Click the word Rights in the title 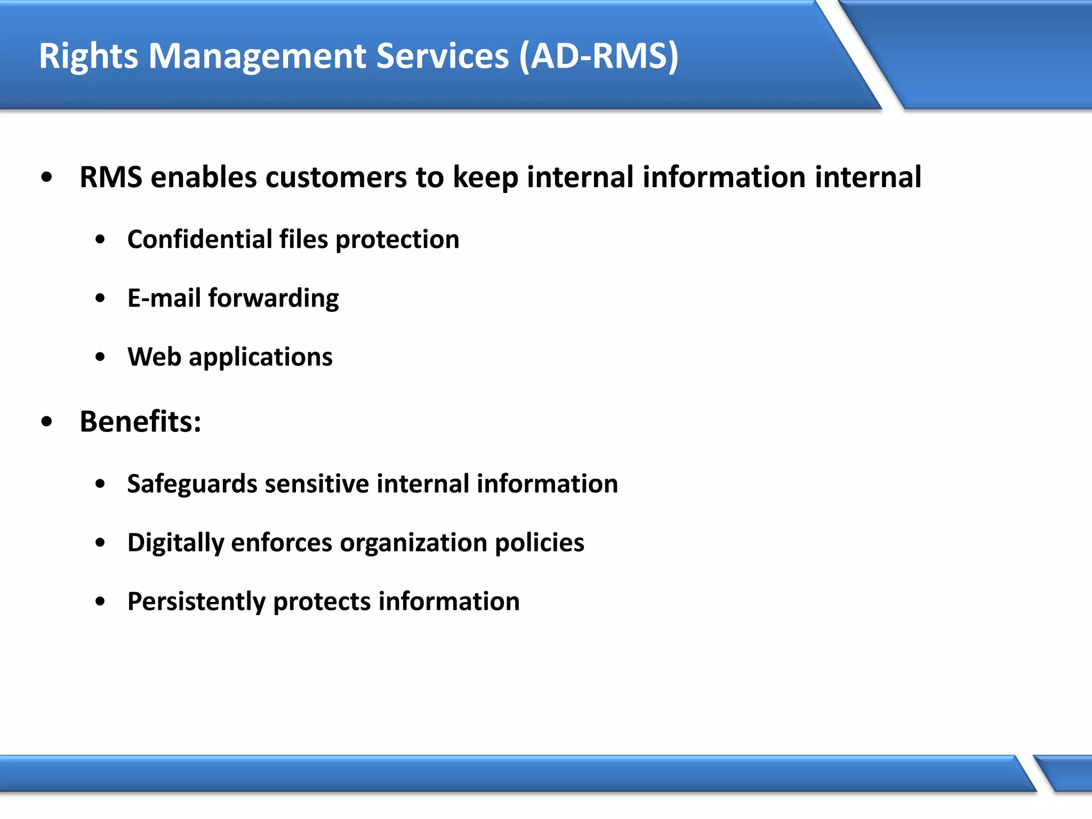click(89, 57)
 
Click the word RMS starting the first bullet click(111, 177)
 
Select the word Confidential click(199, 239)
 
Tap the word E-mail click(164, 298)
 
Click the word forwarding click(274, 299)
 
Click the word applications click(261, 357)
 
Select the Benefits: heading click(140, 421)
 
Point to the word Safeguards click(192, 484)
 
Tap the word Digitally click(175, 543)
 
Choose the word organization click(413, 543)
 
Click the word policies click(539, 543)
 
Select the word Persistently click(196, 601)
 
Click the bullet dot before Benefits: click(47, 422)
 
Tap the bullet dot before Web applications click(100, 357)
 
